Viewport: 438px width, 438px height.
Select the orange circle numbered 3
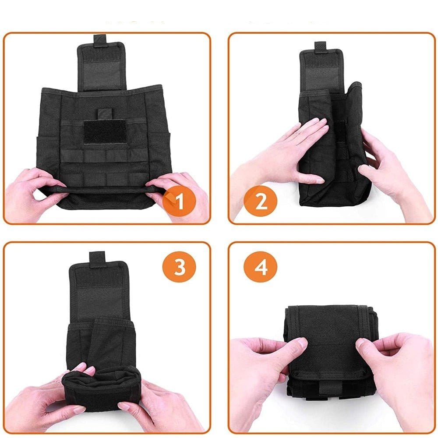click(180, 267)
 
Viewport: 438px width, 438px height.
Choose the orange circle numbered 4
click(261, 267)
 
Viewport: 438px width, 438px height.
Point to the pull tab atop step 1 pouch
click(100, 39)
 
